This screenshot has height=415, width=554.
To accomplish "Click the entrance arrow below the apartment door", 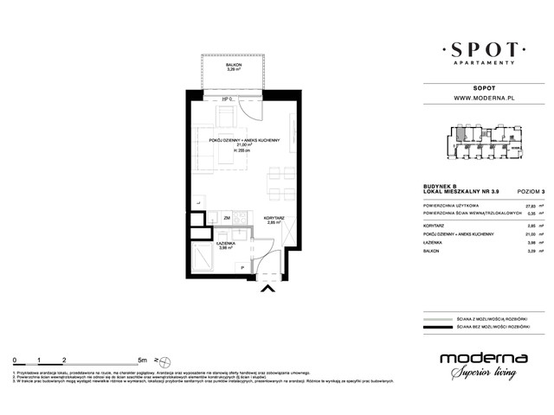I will click(x=269, y=290).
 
